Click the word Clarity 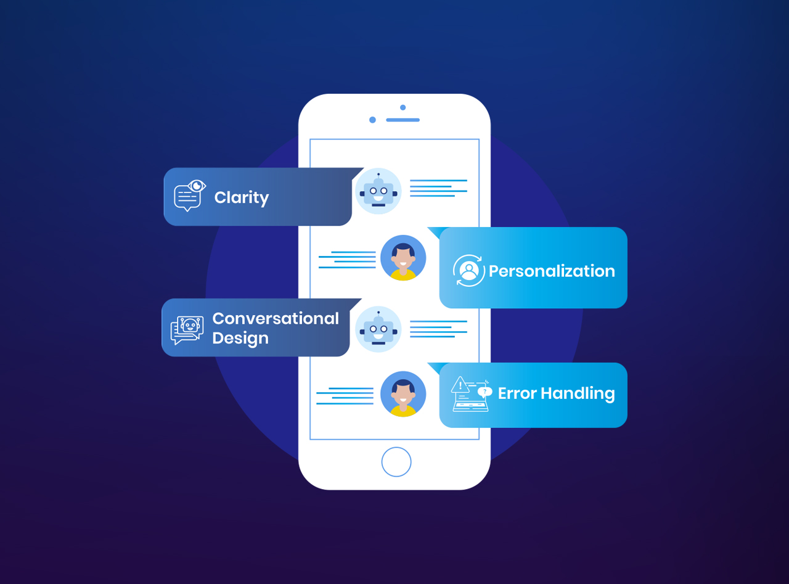[x=241, y=198]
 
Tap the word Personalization [x=552, y=271]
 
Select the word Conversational [x=276, y=319]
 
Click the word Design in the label [x=240, y=339]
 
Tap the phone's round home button [x=396, y=462]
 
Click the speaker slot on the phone [x=403, y=120]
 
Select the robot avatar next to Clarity [x=378, y=191]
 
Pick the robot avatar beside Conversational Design [x=378, y=329]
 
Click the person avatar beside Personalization [x=403, y=258]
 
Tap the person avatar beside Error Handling [x=403, y=393]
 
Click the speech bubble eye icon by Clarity [x=189, y=195]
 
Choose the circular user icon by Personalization [x=469, y=271]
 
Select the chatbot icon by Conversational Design [x=187, y=330]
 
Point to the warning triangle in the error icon [x=460, y=386]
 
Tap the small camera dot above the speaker [x=403, y=107]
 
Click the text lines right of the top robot [x=438, y=188]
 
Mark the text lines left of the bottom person [x=345, y=396]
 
